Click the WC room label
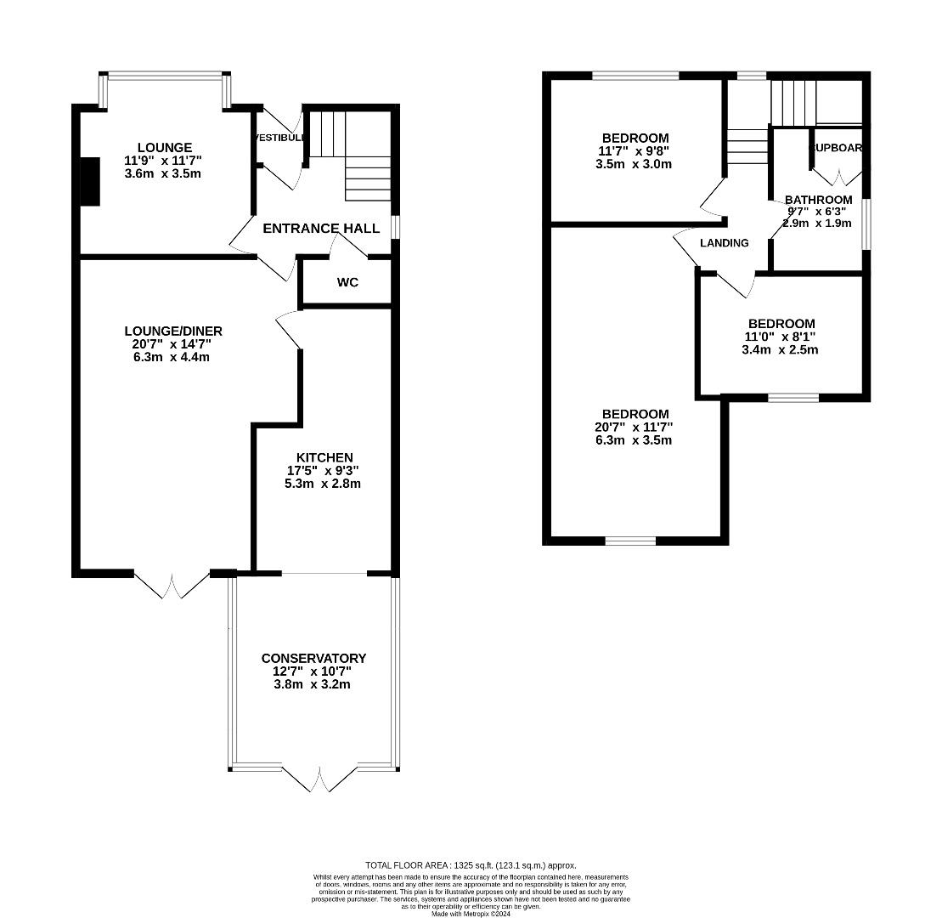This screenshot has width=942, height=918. point(347,282)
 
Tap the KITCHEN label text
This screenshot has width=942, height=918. point(324,457)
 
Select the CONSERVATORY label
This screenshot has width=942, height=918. point(313,658)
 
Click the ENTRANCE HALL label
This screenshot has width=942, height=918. point(320,228)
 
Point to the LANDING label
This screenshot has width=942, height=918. point(724,243)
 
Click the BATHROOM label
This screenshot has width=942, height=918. point(818,200)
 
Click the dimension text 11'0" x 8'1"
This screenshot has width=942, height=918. point(781,337)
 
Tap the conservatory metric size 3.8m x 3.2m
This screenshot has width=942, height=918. point(313,683)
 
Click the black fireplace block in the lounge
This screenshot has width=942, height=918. point(89,181)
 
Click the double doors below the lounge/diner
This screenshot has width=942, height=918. point(172,585)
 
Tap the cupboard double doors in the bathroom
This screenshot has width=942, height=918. point(838,177)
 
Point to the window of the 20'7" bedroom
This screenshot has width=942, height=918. point(630,540)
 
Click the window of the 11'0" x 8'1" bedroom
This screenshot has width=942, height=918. point(793,397)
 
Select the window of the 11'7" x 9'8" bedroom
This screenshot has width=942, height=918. point(635,76)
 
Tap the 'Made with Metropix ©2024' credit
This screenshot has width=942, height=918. point(471,914)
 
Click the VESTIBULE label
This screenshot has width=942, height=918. point(280,138)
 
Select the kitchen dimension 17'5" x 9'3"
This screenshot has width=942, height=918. point(324,470)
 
